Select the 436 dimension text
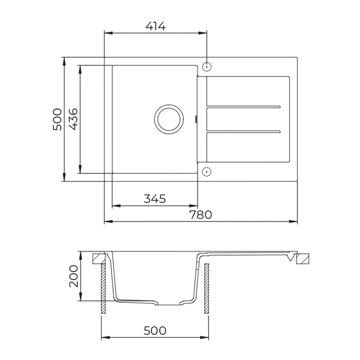pyautogui.click(x=73, y=119)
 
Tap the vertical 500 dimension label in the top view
pyautogui.click(x=57, y=119)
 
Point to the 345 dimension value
pyautogui.click(x=154, y=199)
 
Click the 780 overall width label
pyautogui.click(x=201, y=215)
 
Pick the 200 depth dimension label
pyautogui.click(x=73, y=276)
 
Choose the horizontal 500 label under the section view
pyautogui.click(x=155, y=331)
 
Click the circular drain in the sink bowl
pyautogui.click(x=168, y=119)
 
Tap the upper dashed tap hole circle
pyautogui.click(x=207, y=67)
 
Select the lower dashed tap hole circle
pyautogui.click(x=207, y=171)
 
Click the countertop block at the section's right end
pyautogui.click(x=304, y=259)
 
